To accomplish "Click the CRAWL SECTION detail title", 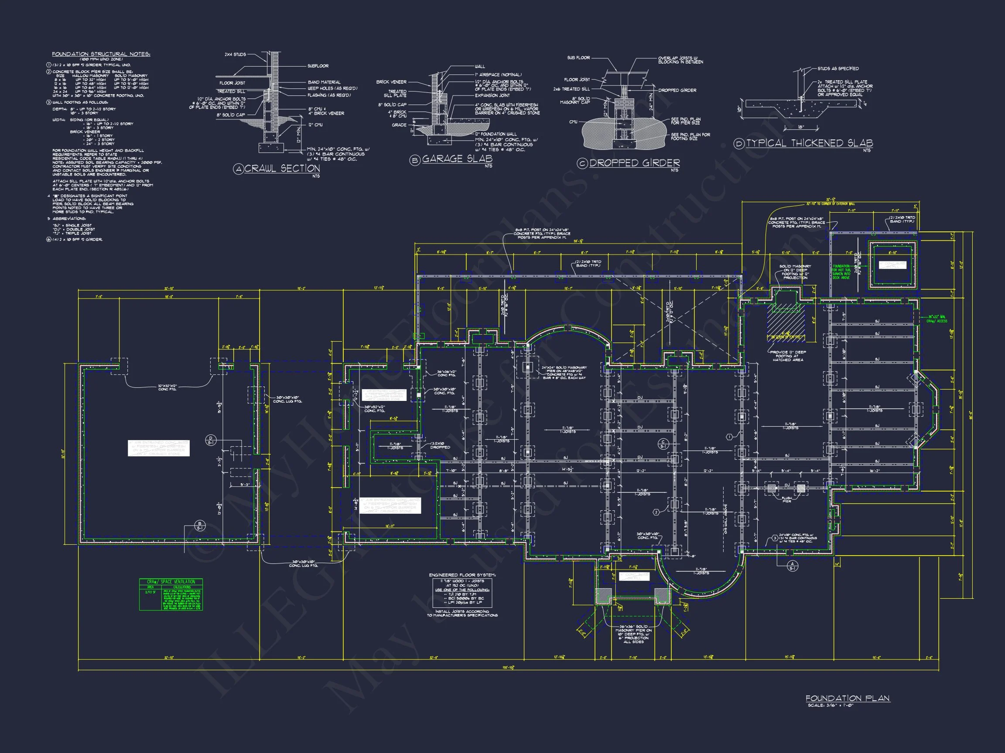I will [x=282, y=168].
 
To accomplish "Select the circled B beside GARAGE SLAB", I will [x=414, y=160].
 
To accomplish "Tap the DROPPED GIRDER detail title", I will [x=634, y=163].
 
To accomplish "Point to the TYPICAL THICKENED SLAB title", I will [x=809, y=143].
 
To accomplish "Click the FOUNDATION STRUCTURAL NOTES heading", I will [x=101, y=54].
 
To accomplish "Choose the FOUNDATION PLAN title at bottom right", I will [x=848, y=698].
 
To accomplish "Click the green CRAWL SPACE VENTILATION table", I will [x=171, y=594].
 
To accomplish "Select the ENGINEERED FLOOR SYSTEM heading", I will [x=462, y=575].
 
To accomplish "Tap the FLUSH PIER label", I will [x=786, y=500].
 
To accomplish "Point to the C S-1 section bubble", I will [x=663, y=444].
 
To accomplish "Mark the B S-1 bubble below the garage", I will [x=200, y=526].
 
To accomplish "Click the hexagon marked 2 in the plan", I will [x=656, y=512].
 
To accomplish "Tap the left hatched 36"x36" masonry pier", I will [x=604, y=596].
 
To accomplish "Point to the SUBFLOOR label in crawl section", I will [x=318, y=66].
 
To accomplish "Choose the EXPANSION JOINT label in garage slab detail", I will [x=492, y=96].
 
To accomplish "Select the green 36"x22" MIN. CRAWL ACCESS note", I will [x=937, y=319].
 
